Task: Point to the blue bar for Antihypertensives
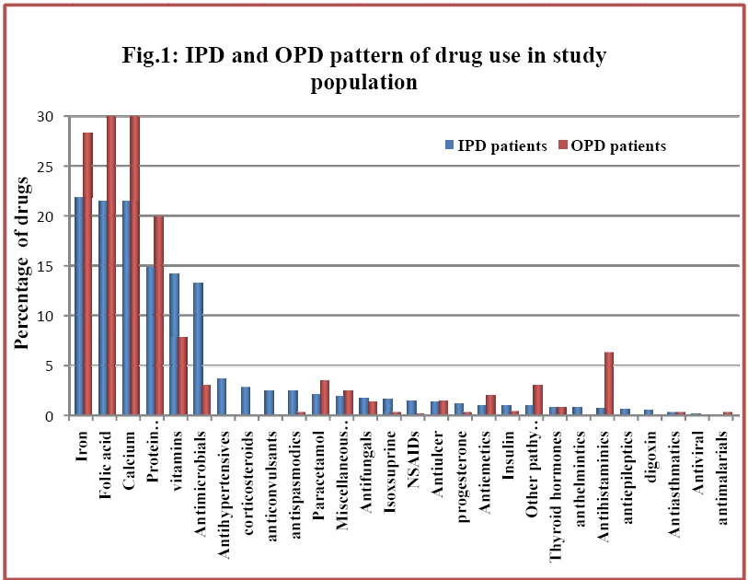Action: pos(222,397)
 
